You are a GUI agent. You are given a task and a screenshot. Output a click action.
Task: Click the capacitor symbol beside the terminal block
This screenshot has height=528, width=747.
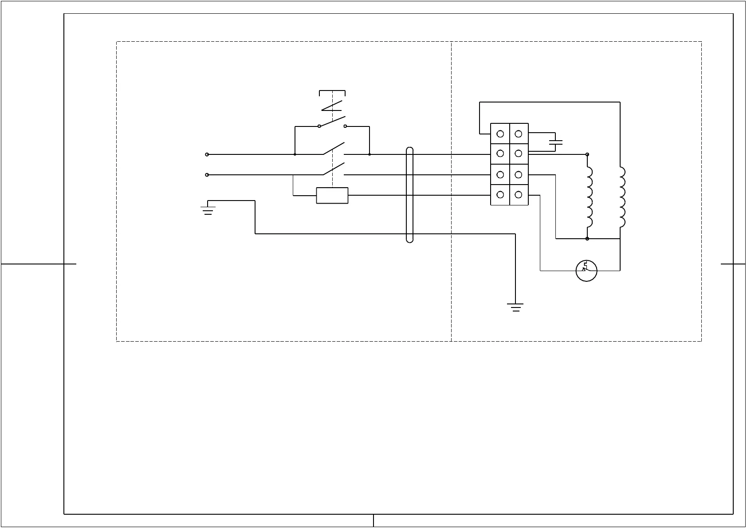pos(555,142)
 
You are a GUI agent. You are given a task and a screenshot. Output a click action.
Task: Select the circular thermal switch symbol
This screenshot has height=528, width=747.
pos(586,271)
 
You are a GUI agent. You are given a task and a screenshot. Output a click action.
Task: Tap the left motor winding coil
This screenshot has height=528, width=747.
pos(589,198)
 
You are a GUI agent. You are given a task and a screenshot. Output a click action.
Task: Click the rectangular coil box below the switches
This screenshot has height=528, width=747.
pos(332,195)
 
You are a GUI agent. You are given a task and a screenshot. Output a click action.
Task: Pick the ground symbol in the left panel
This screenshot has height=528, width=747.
pos(208,209)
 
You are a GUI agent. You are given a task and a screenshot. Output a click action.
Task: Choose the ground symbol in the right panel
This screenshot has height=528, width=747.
pos(515,307)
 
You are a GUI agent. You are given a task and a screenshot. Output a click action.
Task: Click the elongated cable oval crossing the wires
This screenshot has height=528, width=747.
pos(409,195)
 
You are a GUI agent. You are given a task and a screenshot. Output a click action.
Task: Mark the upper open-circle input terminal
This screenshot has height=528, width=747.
pos(207,154)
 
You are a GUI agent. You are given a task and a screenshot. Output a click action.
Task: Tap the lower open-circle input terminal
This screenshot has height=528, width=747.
pos(207,175)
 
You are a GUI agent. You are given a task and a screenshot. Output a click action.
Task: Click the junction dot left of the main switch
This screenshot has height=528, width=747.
pos(295,154)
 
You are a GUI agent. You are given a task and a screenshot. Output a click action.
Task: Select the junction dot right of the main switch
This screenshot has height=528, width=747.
pos(370,154)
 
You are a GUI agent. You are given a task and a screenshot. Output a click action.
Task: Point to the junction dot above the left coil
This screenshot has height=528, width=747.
pos(587,154)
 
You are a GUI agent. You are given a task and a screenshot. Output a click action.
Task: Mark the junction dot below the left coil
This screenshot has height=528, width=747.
pos(587,239)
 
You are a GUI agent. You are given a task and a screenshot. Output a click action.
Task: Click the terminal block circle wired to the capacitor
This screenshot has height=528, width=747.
pos(518,134)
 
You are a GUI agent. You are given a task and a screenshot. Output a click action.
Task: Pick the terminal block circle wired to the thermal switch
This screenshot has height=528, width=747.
pos(518,194)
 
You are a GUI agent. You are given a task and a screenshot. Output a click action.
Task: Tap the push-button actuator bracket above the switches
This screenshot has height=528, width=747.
pos(332,92)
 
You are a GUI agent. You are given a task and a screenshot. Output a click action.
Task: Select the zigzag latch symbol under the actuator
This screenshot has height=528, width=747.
pos(332,106)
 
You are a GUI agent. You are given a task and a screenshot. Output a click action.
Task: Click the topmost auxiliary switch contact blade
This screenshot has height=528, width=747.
pos(332,121)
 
